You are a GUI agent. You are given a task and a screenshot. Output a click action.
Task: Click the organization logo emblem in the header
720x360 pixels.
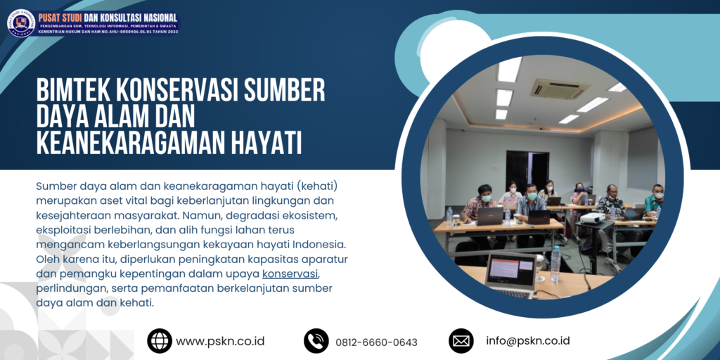click(20, 22)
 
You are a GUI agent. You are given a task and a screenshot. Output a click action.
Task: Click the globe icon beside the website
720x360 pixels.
click(160, 341)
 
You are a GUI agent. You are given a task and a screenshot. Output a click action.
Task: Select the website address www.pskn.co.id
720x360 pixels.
click(220, 341)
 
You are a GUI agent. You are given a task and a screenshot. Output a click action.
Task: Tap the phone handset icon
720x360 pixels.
click(316, 341)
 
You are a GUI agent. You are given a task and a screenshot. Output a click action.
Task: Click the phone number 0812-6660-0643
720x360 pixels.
click(377, 342)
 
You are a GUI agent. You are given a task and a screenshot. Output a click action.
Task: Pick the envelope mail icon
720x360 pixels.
click(461, 341)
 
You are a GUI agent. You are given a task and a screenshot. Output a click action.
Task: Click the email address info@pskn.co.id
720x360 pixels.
click(527, 341)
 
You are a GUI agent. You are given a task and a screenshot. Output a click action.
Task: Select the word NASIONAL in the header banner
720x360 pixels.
click(153, 18)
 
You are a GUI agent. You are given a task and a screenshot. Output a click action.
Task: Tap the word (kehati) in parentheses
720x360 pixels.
click(316, 186)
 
